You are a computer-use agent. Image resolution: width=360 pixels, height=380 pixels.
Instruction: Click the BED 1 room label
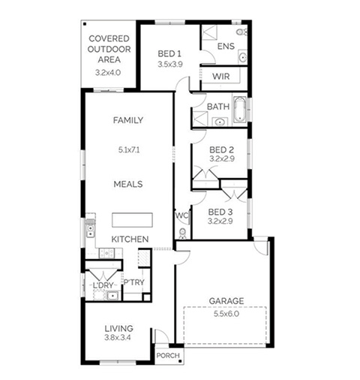[169, 53]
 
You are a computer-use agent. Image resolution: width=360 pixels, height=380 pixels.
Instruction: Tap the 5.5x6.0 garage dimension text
[226, 314]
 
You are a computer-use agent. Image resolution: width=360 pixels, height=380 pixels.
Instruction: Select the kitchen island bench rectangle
[132, 220]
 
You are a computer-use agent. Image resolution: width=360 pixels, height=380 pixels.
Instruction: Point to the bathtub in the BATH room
[240, 110]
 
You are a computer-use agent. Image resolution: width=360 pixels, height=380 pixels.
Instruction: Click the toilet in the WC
[183, 234]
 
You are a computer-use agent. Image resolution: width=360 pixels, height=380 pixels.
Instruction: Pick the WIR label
[221, 77]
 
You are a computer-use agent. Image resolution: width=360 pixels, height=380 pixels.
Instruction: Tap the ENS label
[226, 46]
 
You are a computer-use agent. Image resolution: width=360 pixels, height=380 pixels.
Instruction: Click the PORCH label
[168, 355]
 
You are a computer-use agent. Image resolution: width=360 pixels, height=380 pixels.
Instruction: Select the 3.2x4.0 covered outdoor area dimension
[108, 73]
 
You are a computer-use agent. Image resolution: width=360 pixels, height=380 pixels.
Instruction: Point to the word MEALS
[128, 184]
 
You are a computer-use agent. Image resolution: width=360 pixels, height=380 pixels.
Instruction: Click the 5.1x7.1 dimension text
[129, 150]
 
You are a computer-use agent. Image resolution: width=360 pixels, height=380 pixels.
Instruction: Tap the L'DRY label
[103, 285]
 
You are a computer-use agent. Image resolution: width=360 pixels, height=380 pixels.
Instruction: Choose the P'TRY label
[134, 282]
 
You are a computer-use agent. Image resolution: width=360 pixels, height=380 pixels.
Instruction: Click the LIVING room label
[118, 328]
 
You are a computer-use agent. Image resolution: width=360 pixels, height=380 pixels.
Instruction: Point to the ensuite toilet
[241, 32]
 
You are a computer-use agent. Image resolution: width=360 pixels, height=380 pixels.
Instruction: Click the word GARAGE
[226, 301]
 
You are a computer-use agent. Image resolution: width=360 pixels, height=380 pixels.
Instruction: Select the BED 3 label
[220, 213]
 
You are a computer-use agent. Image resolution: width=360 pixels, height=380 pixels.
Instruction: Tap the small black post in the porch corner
[180, 361]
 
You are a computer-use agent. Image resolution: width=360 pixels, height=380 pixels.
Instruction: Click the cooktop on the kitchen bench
[106, 253]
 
